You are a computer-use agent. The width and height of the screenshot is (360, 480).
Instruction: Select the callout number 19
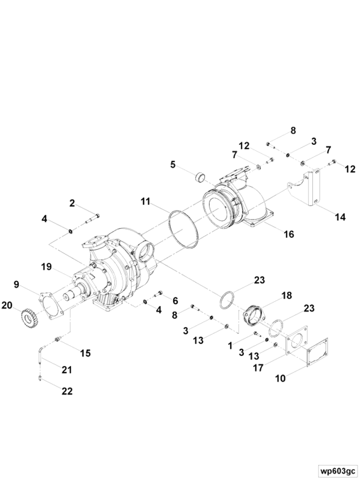(x=46, y=267)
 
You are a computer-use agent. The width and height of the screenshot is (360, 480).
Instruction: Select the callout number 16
(x=289, y=234)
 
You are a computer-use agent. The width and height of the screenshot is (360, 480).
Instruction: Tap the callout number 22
(x=67, y=391)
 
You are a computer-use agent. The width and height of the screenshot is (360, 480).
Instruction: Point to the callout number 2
(x=72, y=203)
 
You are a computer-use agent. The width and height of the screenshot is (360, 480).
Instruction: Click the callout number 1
(x=230, y=346)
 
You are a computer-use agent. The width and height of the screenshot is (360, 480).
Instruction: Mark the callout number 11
(x=145, y=202)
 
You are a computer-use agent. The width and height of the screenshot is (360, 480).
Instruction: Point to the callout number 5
(x=173, y=165)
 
